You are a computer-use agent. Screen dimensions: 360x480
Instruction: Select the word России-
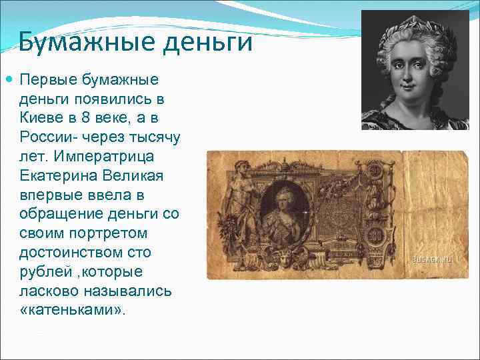click(48, 138)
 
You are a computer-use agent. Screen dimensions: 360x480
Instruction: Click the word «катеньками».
click(73, 311)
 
